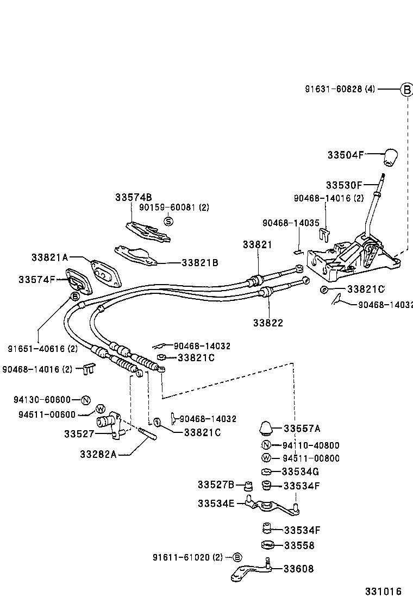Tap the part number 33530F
343,185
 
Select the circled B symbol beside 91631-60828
406,90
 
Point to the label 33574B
133,197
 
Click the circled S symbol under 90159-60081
168,221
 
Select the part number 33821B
199,262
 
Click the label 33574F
36,279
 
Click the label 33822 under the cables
267,323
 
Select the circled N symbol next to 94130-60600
85,400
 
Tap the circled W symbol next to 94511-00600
100,409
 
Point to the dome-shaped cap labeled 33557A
266,427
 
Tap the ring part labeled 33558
266,545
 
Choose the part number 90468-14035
291,223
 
